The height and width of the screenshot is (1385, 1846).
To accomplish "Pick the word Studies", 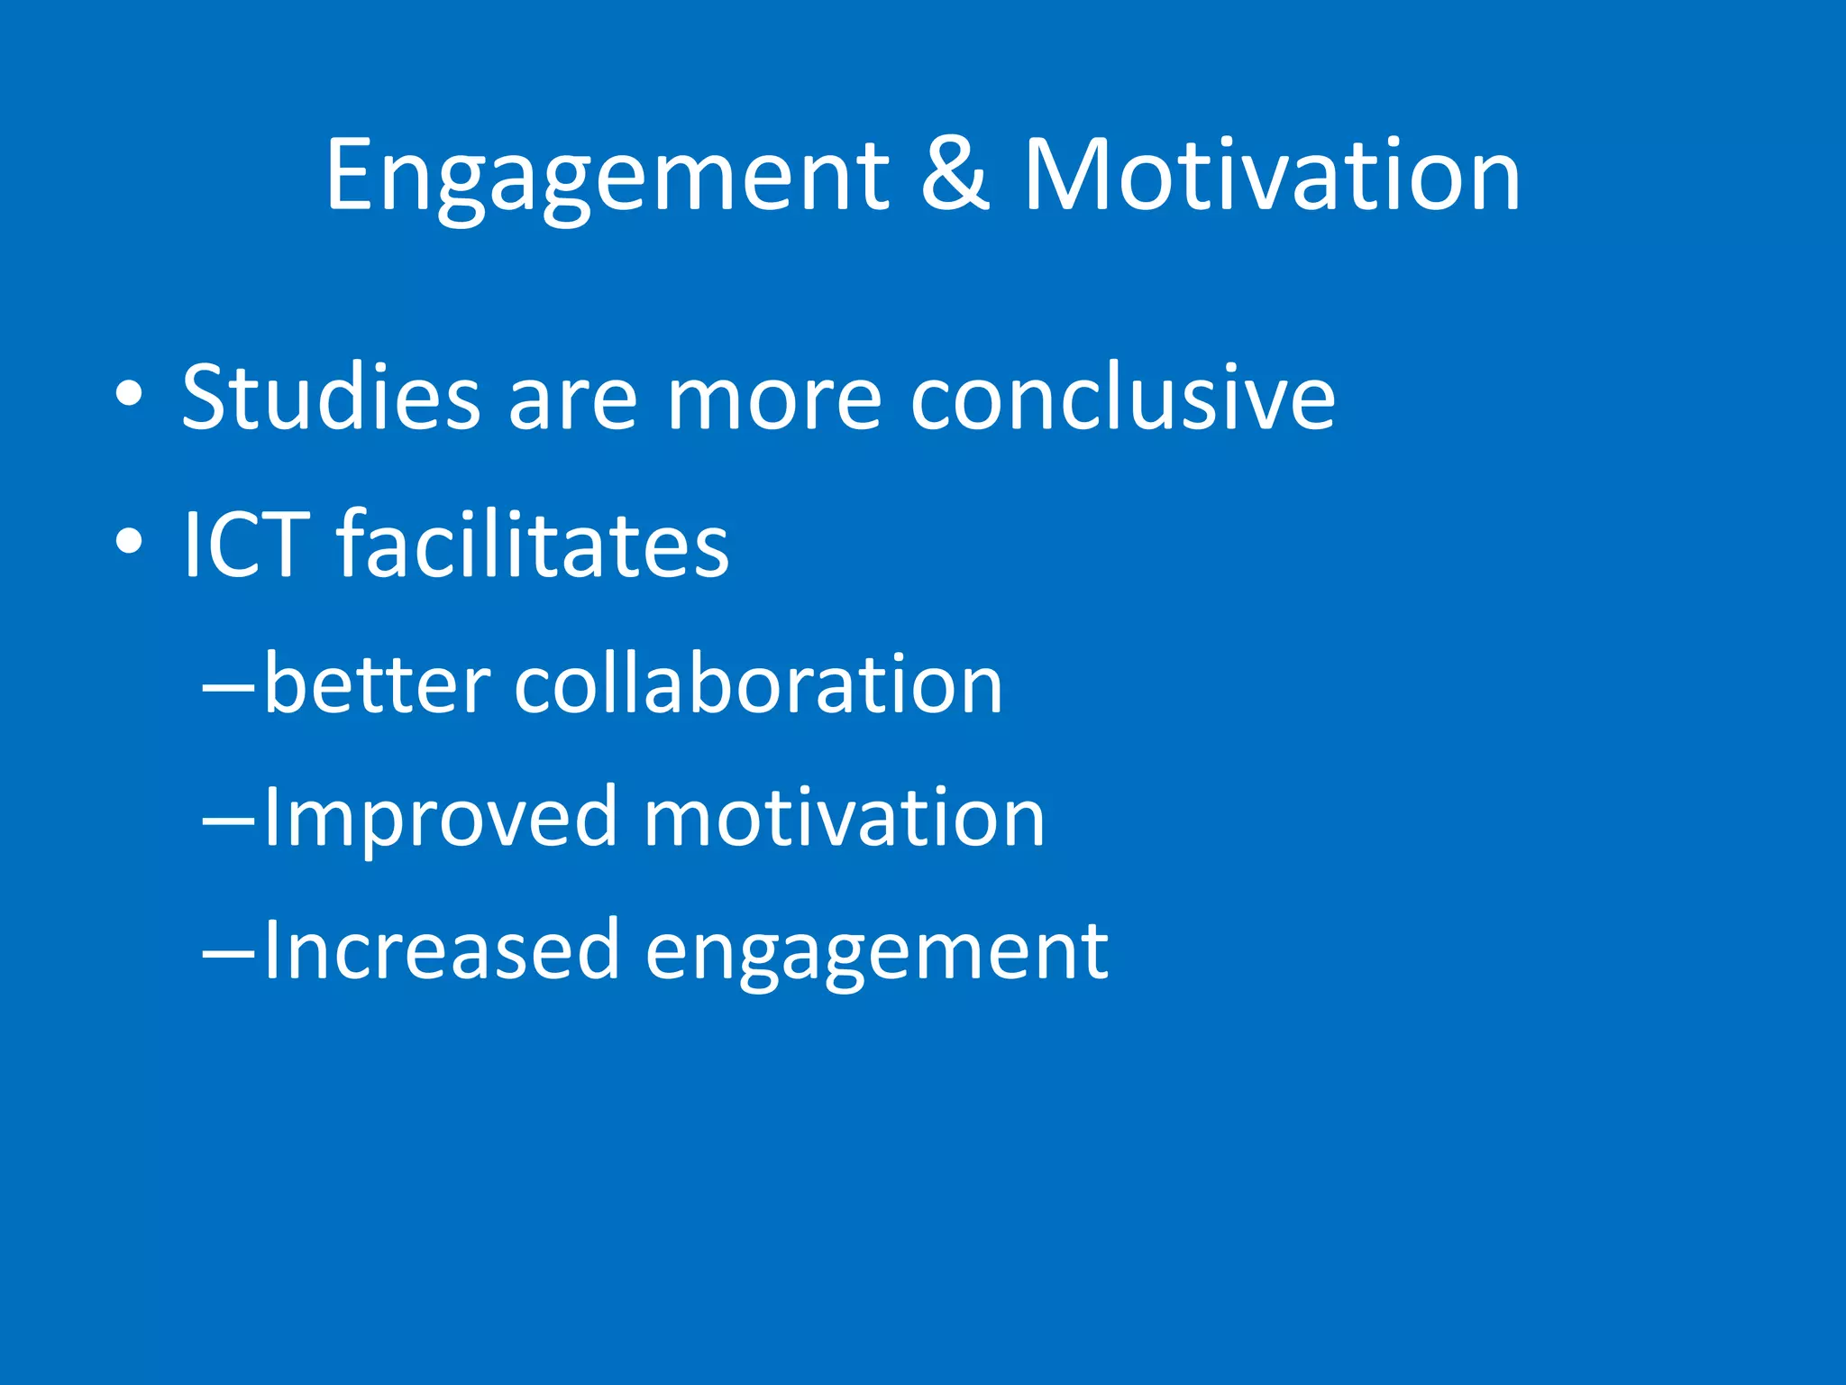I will coord(331,397).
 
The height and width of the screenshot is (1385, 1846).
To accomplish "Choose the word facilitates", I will coord(533,544).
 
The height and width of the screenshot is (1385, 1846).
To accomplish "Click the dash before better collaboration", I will coord(229,687).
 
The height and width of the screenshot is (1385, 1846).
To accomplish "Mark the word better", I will coord(378,685).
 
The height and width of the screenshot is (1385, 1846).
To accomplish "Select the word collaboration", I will coord(758,685).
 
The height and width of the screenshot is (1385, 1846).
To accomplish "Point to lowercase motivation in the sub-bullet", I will coord(844,819).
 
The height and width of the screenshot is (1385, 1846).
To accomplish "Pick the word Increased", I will coord(441,950).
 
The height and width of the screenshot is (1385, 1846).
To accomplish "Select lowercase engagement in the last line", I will coord(876,954).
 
